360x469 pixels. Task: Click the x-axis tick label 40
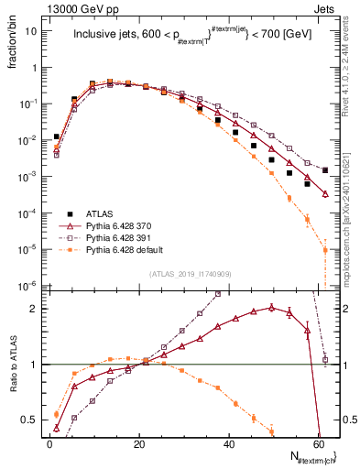click(x=229, y=444)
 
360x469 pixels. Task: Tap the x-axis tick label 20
click(x=139, y=444)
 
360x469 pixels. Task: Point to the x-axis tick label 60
click(x=318, y=444)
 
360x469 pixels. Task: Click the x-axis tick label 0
click(x=49, y=444)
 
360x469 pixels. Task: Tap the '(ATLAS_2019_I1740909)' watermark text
click(x=188, y=273)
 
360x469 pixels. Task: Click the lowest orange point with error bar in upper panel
click(x=325, y=250)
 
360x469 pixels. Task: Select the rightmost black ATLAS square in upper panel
click(x=325, y=170)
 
